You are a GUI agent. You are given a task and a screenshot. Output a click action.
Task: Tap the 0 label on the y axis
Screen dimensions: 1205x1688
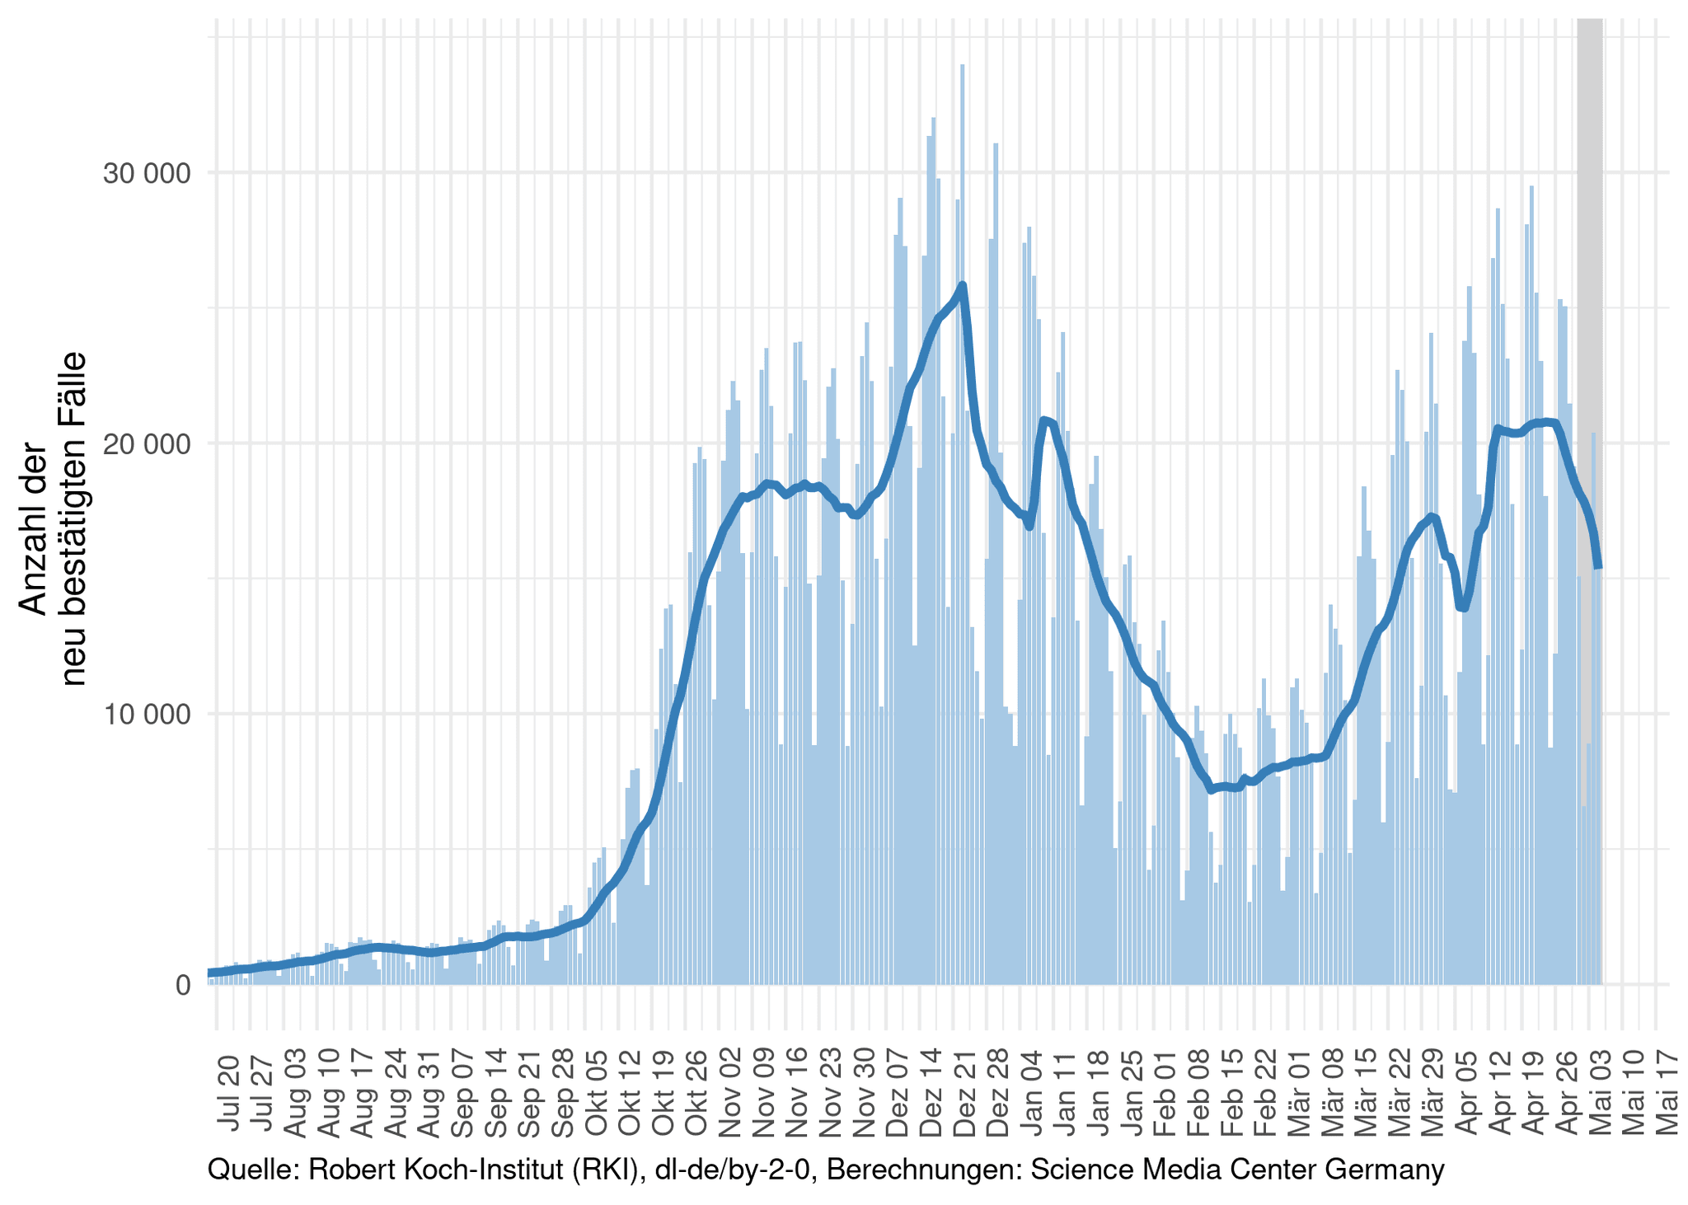point(182,985)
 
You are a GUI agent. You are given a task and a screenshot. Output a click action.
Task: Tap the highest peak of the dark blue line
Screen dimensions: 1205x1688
point(963,285)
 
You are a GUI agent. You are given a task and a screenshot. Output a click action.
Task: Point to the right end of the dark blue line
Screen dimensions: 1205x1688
point(1598,566)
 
